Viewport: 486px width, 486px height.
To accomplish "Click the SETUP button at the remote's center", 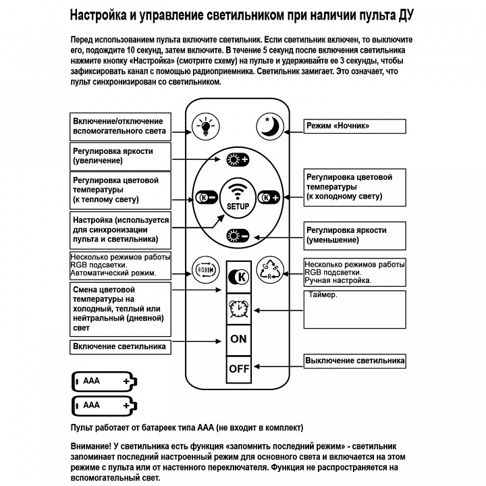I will click(238, 197).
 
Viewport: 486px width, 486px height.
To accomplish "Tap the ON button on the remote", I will click(238, 339).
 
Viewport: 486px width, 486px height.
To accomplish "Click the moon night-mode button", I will click(270, 126).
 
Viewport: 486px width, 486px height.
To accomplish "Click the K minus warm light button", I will click(205, 198).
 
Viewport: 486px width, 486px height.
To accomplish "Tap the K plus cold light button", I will click(270, 198).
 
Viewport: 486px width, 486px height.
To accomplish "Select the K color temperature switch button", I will click(238, 277).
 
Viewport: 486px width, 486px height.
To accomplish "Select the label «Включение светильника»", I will click(119, 347).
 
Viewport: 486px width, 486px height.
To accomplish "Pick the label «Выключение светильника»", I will click(354, 360).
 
